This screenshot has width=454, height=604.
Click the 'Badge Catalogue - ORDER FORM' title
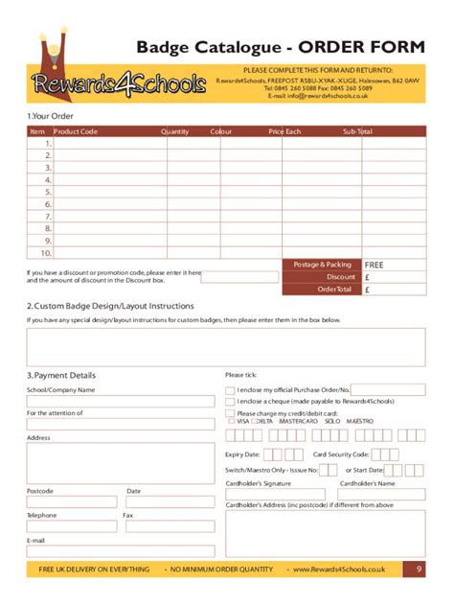(281, 48)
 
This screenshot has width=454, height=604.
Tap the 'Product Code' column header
(76, 131)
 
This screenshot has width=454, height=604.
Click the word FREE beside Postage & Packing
(374, 265)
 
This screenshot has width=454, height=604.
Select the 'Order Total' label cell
(321, 290)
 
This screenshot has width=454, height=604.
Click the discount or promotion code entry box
(238, 277)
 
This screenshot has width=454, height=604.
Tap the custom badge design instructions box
(226, 347)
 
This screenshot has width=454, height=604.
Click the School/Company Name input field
(121, 402)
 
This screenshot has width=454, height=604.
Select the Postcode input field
(72, 501)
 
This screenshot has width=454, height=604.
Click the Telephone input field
(72, 526)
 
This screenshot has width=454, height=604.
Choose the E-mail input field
(121, 551)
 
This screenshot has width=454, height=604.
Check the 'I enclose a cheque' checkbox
(229, 402)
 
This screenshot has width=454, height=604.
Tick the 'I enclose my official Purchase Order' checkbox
(229, 390)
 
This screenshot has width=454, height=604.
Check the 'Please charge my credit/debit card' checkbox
(229, 413)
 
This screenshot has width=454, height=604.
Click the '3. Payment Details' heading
(60, 375)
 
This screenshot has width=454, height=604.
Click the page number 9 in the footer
(419, 569)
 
